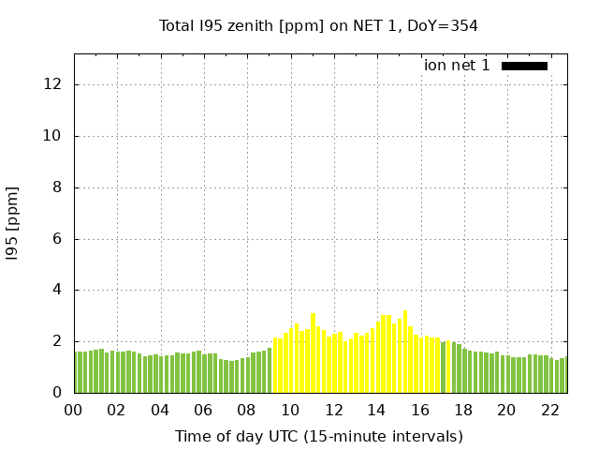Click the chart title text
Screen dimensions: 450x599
pos(318,26)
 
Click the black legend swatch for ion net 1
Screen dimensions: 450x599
pos(524,66)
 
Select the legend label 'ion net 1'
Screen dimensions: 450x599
pos(457,66)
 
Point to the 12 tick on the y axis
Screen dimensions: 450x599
pos(53,84)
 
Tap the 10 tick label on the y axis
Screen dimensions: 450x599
pos(53,136)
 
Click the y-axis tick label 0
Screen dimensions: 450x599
pos(57,393)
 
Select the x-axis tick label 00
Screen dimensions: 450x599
pos(74,411)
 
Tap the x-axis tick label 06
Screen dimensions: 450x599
pos(203,411)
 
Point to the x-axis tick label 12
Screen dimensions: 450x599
pos(333,411)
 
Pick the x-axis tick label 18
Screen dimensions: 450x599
pos(463,411)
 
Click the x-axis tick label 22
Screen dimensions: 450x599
pos(549,411)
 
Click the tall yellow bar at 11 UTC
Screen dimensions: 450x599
pos(314,353)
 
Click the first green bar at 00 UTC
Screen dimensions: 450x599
pos(77,372)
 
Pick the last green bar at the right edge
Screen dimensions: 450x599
pos(563,375)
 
